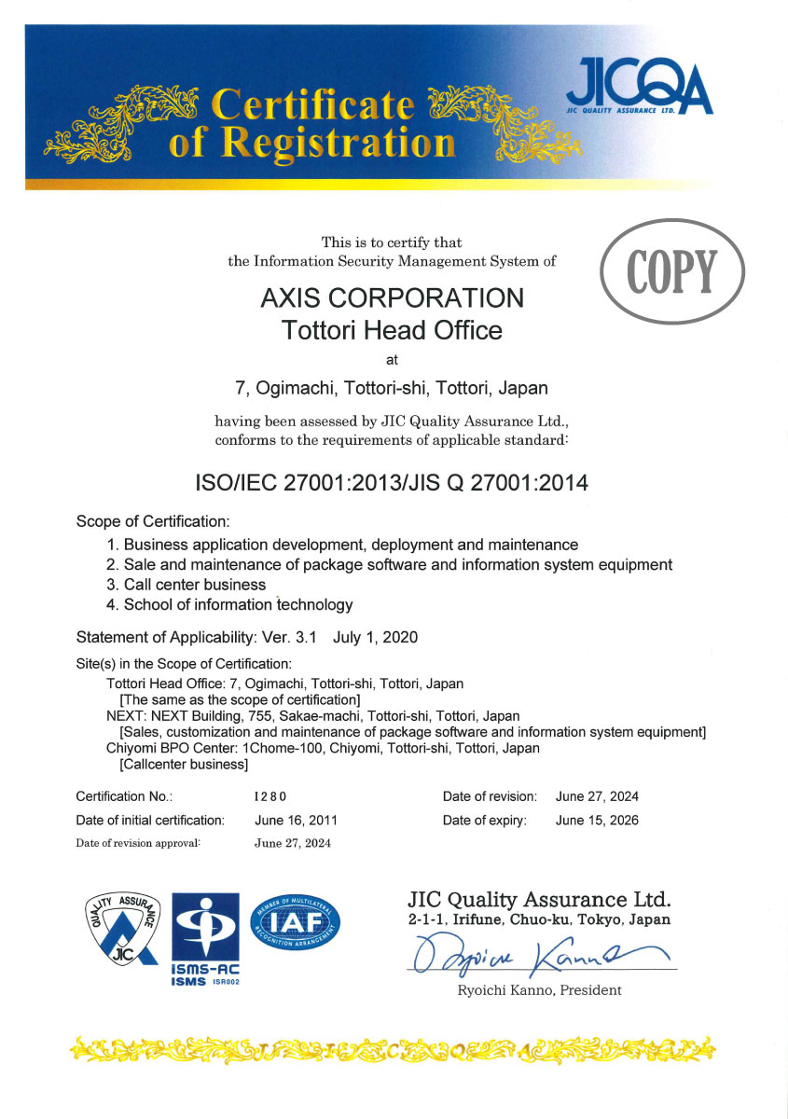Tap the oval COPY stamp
[672, 271]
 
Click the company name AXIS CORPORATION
[391, 297]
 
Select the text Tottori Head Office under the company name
[392, 329]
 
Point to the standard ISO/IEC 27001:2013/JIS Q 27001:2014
[392, 483]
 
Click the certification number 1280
[270, 796]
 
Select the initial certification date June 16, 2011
[296, 821]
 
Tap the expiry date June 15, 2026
[597, 821]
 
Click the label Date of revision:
[490, 796]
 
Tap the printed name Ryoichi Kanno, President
[539, 989]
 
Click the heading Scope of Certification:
[152, 521]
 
